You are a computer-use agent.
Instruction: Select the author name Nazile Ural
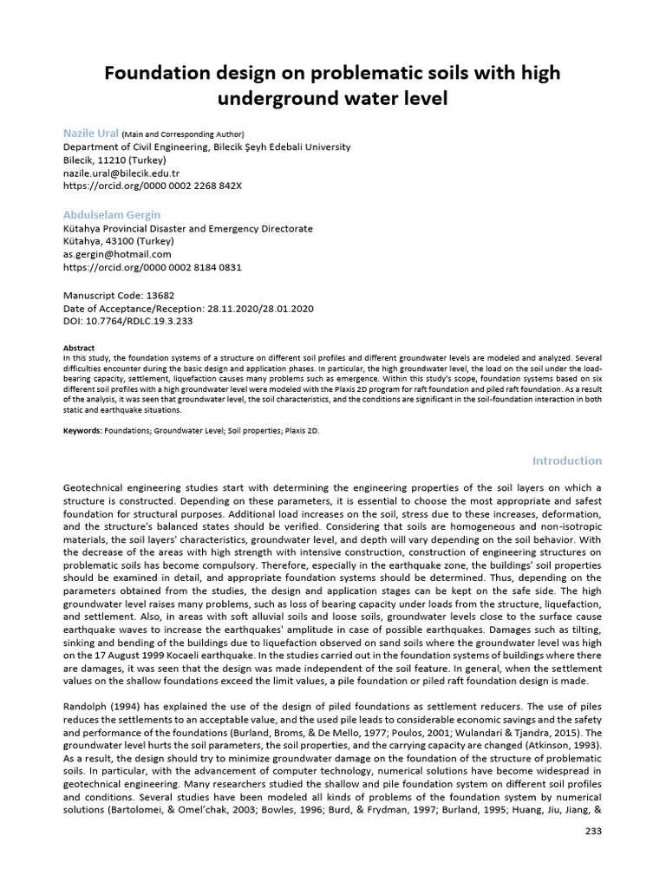pyautogui.click(x=91, y=134)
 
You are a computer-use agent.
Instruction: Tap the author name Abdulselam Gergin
pyautogui.click(x=112, y=214)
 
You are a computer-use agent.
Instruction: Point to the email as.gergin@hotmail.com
pyautogui.click(x=117, y=254)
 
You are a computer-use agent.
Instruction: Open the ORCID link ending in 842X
pyautogui.click(x=153, y=186)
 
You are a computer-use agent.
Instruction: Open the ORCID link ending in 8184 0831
pyautogui.click(x=153, y=267)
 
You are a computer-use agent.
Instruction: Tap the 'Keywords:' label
pyautogui.click(x=82, y=430)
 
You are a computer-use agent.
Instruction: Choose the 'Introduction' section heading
pyautogui.click(x=566, y=460)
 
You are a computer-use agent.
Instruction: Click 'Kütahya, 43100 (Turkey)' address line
pyautogui.click(x=119, y=241)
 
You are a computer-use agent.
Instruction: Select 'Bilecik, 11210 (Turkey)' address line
pyautogui.click(x=114, y=160)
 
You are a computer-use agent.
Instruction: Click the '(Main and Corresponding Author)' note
pyautogui.click(x=183, y=134)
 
